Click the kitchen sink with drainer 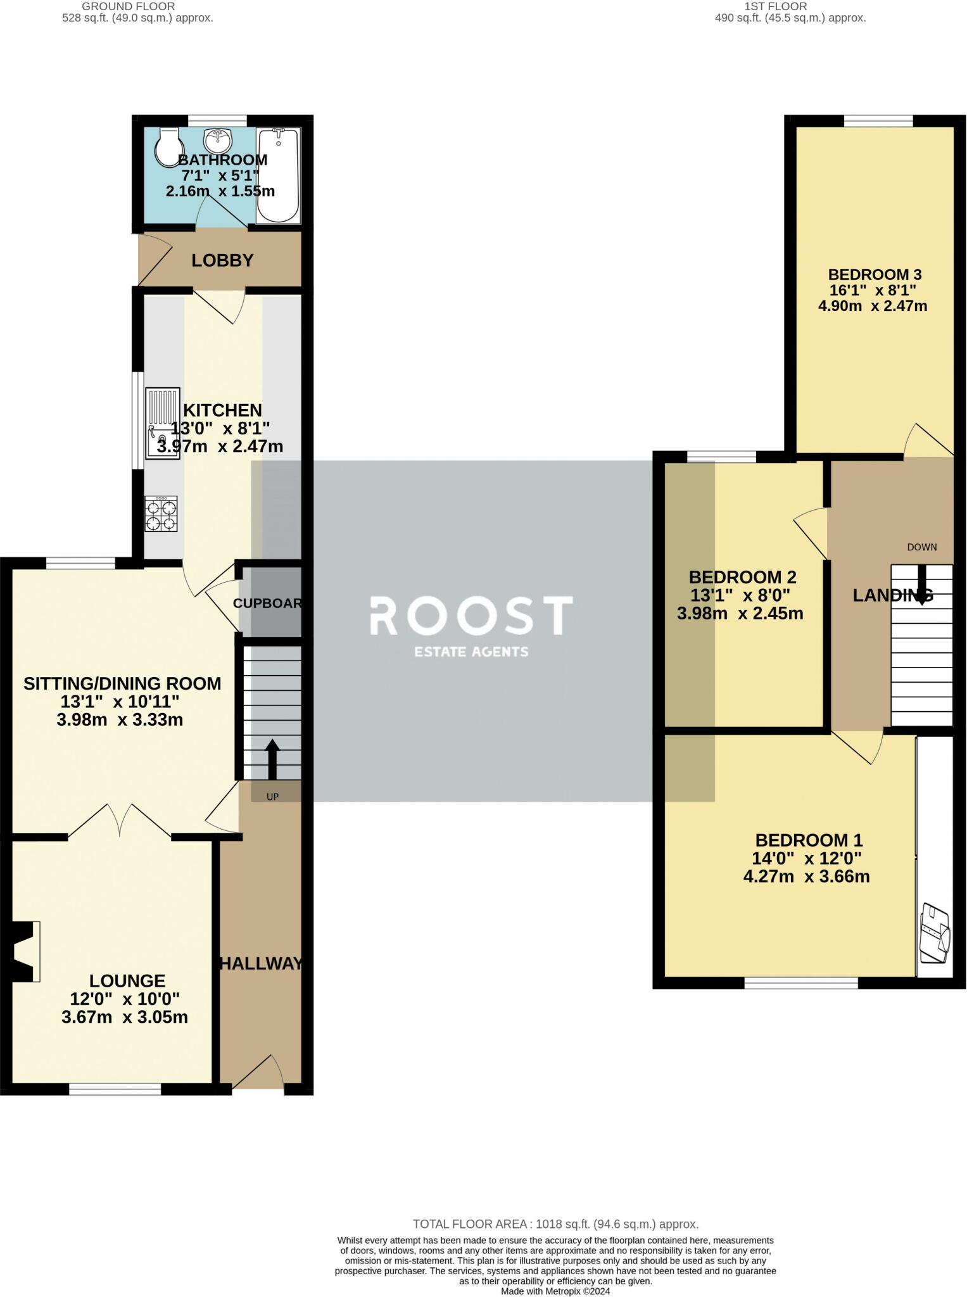(163, 422)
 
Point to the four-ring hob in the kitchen (161, 514)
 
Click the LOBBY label (222, 260)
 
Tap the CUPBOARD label (267, 604)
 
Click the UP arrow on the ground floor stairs (272, 759)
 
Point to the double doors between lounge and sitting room (120, 821)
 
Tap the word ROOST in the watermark (471, 616)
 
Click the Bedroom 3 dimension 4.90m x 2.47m (873, 307)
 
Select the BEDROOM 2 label (742, 577)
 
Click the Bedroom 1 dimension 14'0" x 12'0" (807, 859)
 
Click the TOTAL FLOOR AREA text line (555, 1224)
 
